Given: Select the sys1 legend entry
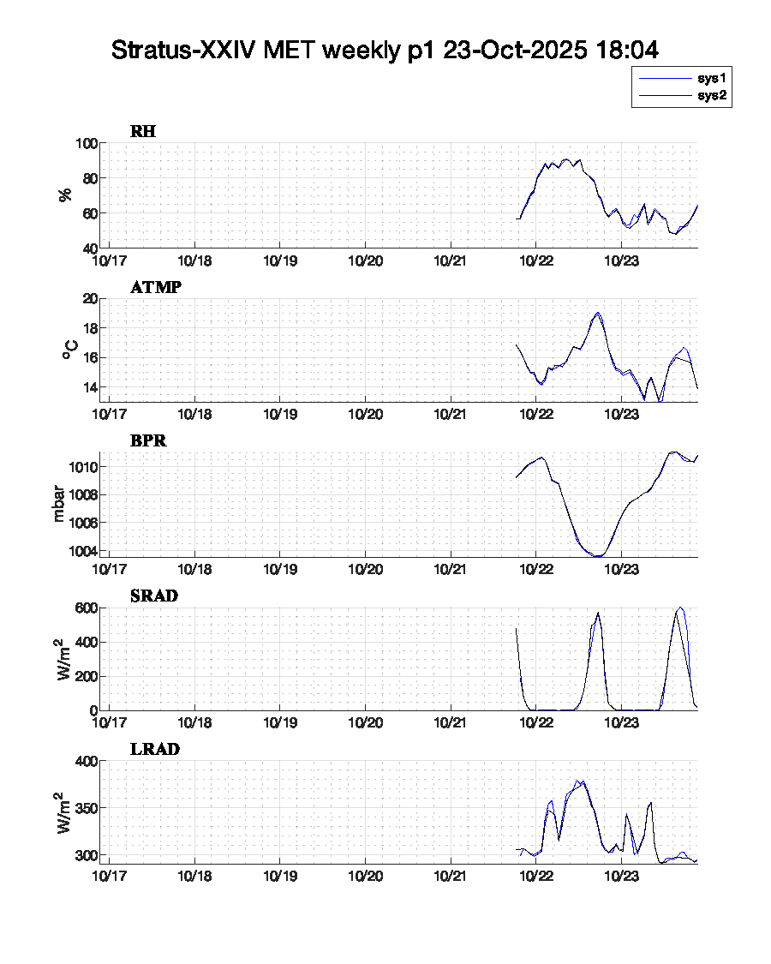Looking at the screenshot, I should (712, 78).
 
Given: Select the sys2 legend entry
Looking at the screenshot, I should (712, 96).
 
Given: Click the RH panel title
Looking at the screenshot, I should (143, 131).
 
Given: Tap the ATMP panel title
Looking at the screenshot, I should (155, 287).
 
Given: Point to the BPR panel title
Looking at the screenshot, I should (148, 441).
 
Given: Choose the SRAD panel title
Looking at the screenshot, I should (154, 596).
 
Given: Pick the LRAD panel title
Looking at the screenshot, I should (154, 749).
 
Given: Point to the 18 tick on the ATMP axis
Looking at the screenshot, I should (88, 328).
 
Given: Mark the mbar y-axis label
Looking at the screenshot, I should (59, 505).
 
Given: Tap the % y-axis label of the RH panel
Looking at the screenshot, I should (65, 195).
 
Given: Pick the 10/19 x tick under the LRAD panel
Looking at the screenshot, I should (280, 876).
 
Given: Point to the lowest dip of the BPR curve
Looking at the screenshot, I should (598, 556).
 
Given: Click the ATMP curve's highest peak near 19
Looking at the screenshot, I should (597, 313).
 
